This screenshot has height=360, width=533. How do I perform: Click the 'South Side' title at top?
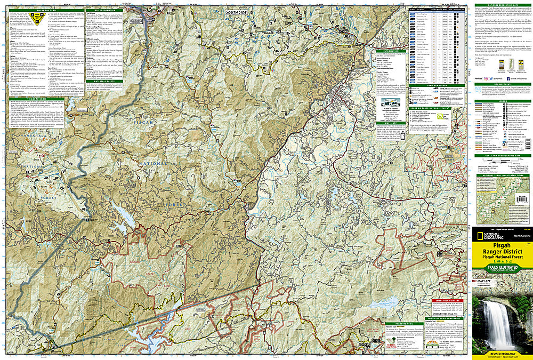[x=237, y=11]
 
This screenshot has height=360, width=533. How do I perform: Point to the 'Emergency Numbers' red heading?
[x=446, y=300]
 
